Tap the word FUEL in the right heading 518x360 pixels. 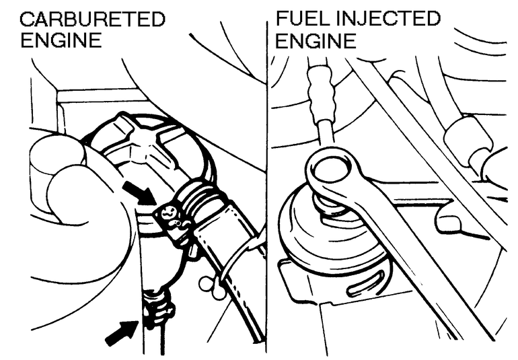pos(299,18)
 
